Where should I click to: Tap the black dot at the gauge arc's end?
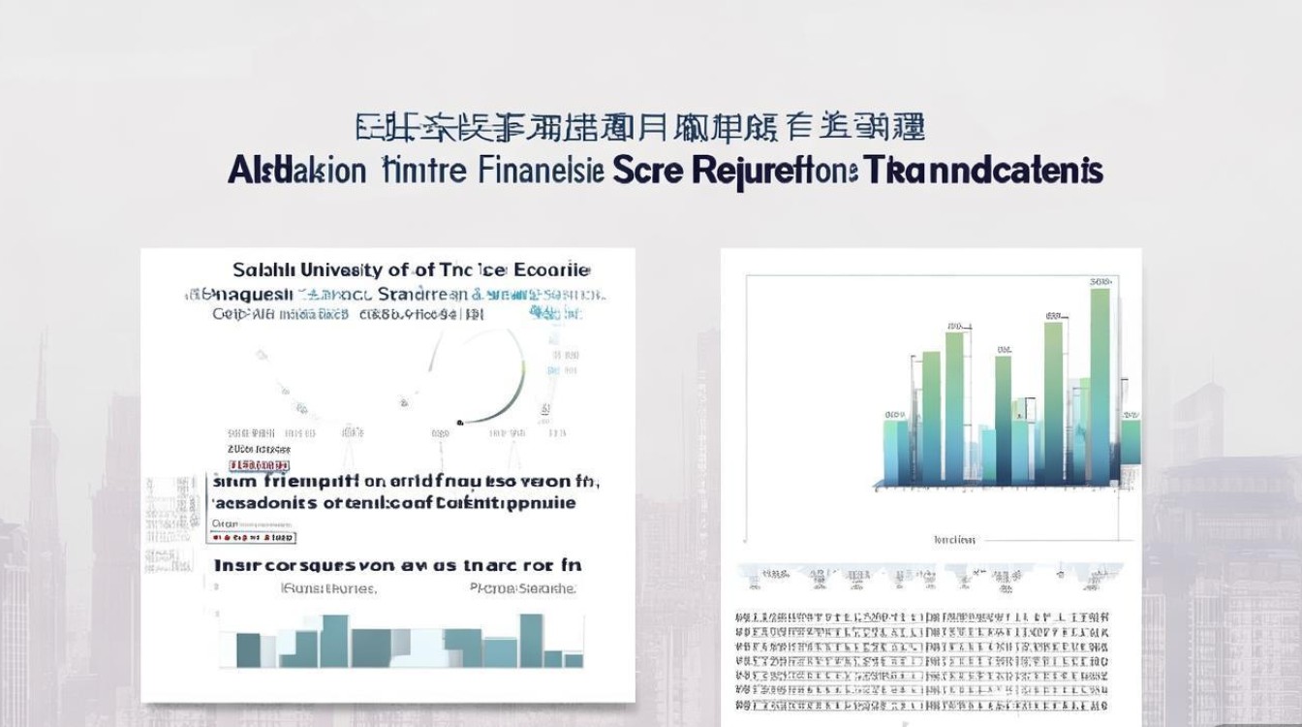[460, 423]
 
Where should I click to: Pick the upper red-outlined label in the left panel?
[259, 450]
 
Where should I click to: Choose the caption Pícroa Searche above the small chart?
[522, 587]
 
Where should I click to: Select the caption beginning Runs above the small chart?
[328, 587]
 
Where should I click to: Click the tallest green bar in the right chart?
[1100, 388]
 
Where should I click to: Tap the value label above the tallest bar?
[1100, 282]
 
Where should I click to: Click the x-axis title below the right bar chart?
[955, 540]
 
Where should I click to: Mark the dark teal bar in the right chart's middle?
[1003, 422]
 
